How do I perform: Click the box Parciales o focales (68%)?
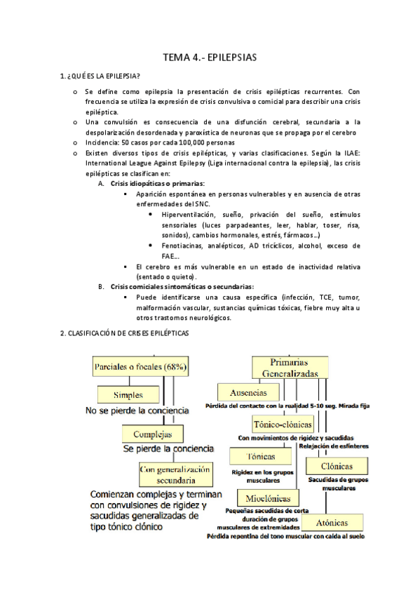(x=140, y=366)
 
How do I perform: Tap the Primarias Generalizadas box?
(x=290, y=368)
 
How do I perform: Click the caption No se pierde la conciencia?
(x=137, y=410)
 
